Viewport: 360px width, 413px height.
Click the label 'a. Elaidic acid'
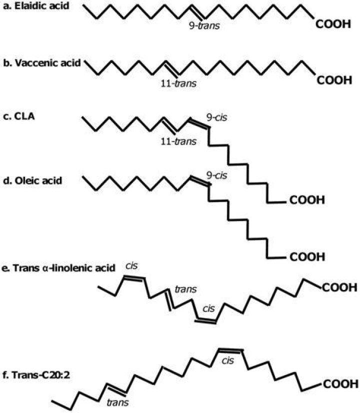pyautogui.click(x=36, y=6)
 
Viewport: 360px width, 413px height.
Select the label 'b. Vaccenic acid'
pyautogui.click(x=42, y=63)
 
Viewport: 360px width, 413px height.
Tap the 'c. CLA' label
pyautogui.click(x=19, y=116)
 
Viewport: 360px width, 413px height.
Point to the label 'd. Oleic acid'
pyautogui.click(x=32, y=180)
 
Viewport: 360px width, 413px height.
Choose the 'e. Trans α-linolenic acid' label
pyautogui.click(x=58, y=268)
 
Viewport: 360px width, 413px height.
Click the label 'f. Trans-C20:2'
pyautogui.click(x=36, y=374)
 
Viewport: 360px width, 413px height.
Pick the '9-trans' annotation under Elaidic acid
pyautogui.click(x=204, y=26)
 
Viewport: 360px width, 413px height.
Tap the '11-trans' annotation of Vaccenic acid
pyautogui.click(x=178, y=83)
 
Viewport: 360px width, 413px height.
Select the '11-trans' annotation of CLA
pyautogui.click(x=178, y=141)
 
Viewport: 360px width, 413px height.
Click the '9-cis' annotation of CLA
pyautogui.click(x=216, y=117)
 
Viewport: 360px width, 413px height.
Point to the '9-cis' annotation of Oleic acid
pyautogui.click(x=216, y=175)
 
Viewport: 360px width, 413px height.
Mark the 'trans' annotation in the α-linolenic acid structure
pyautogui.click(x=185, y=289)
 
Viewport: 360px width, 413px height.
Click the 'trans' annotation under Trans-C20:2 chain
pyautogui.click(x=117, y=402)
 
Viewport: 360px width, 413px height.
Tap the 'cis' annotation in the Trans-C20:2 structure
pyautogui.click(x=228, y=360)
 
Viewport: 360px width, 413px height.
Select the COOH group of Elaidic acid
pyautogui.click(x=333, y=24)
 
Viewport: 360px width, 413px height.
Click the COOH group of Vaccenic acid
pyautogui.click(x=334, y=80)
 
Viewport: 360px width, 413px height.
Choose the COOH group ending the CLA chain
pyautogui.click(x=307, y=200)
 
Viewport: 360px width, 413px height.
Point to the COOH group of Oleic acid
pyautogui.click(x=307, y=257)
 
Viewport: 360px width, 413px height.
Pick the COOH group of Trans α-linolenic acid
pyautogui.click(x=339, y=287)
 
